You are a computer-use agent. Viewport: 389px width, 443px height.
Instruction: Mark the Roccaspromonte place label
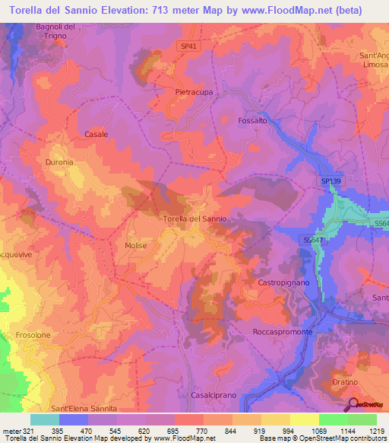[283, 333]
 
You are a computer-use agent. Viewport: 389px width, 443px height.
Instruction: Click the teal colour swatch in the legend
[44, 419]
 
